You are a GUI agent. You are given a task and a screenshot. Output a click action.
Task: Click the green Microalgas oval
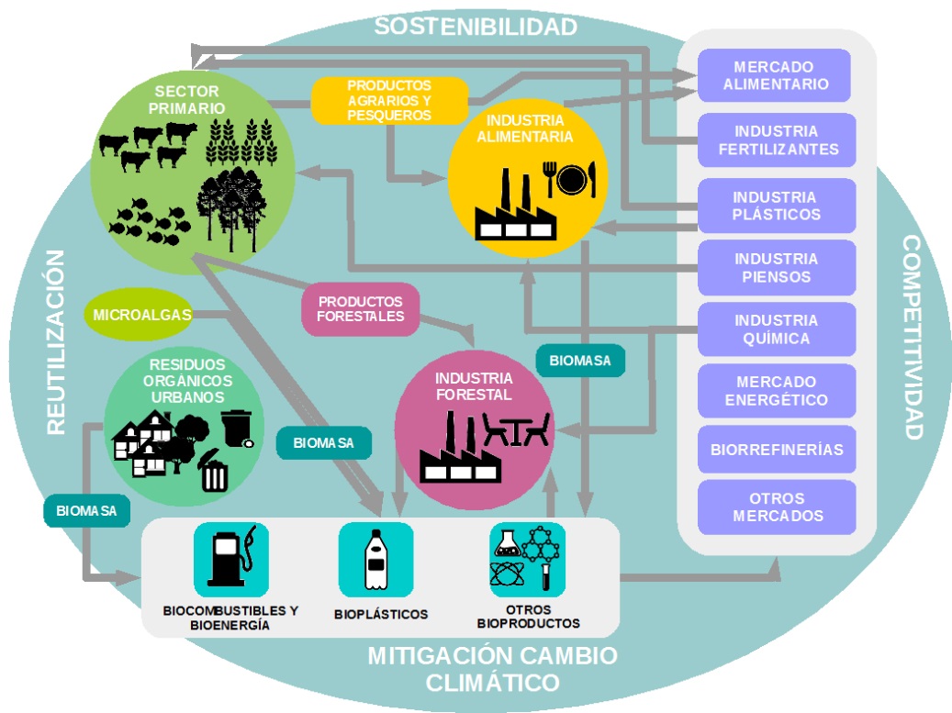tap(142, 316)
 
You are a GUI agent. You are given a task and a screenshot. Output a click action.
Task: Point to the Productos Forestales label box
tap(361, 309)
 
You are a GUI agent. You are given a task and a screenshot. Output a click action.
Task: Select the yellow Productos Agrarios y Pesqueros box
tap(389, 100)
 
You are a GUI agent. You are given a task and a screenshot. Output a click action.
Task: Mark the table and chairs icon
tap(516, 429)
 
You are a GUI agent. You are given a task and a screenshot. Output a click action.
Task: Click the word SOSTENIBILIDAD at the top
tap(476, 27)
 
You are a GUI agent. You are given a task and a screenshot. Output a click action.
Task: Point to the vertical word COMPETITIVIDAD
tap(912, 337)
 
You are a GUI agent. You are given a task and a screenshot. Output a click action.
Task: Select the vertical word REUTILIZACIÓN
tap(57, 341)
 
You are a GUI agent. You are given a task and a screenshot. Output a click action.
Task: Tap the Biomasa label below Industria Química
tap(580, 361)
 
